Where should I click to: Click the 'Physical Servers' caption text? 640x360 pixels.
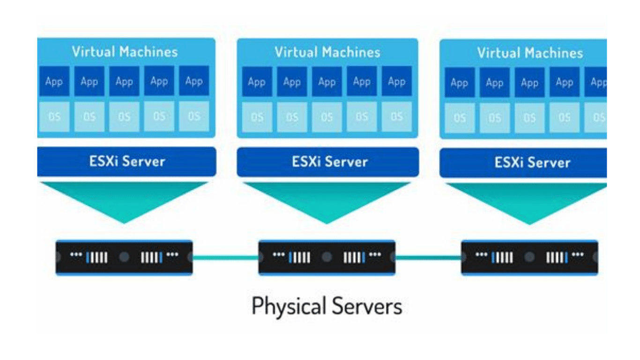(327, 307)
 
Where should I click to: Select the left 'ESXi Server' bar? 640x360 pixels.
(127, 162)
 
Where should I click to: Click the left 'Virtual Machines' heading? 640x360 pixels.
(125, 52)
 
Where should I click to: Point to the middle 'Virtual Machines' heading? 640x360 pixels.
(327, 52)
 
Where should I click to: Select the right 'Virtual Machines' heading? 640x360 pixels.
(529, 53)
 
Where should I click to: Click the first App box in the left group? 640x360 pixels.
(54, 81)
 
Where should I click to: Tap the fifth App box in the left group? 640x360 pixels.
(194, 81)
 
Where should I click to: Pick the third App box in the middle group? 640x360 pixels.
(327, 82)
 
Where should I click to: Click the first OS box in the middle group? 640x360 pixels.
(257, 117)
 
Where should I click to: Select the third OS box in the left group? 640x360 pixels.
(124, 117)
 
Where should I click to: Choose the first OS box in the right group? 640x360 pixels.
(459, 118)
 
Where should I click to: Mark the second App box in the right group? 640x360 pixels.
(494, 83)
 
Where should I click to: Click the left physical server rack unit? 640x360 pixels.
(124, 257)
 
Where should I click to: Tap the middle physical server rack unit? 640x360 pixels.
(327, 257)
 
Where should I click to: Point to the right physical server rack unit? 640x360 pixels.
(529, 257)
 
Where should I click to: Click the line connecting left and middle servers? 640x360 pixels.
(225, 257)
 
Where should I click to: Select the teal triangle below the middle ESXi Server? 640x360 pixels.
(327, 199)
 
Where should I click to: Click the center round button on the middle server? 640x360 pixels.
(327, 257)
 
